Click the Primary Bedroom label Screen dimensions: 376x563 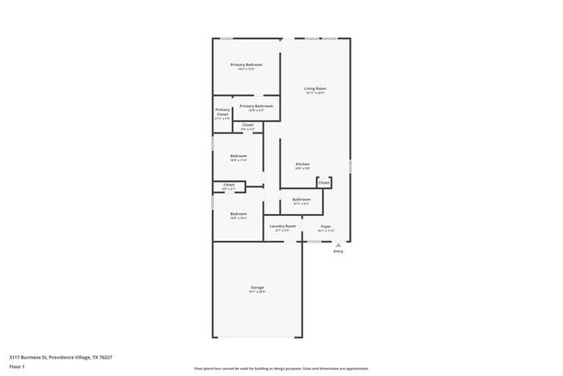point(246,65)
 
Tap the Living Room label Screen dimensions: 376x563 point(314,88)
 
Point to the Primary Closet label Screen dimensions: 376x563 point(223,113)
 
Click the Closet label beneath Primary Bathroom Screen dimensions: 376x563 point(247,126)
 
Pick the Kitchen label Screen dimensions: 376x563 point(302,164)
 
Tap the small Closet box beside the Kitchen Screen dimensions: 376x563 point(323,183)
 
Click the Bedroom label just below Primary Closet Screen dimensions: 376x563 point(238,156)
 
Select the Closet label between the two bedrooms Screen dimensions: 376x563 point(229,185)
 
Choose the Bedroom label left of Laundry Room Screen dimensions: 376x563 point(238,214)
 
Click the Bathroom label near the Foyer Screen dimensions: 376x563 point(301,199)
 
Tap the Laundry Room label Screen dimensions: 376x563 point(283,227)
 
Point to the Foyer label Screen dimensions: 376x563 point(326,227)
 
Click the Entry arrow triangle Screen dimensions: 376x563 point(338,245)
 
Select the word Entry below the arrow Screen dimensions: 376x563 point(338,252)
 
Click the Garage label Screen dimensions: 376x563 point(257,287)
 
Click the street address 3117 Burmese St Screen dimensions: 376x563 point(32,356)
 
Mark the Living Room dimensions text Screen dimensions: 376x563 point(314,93)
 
